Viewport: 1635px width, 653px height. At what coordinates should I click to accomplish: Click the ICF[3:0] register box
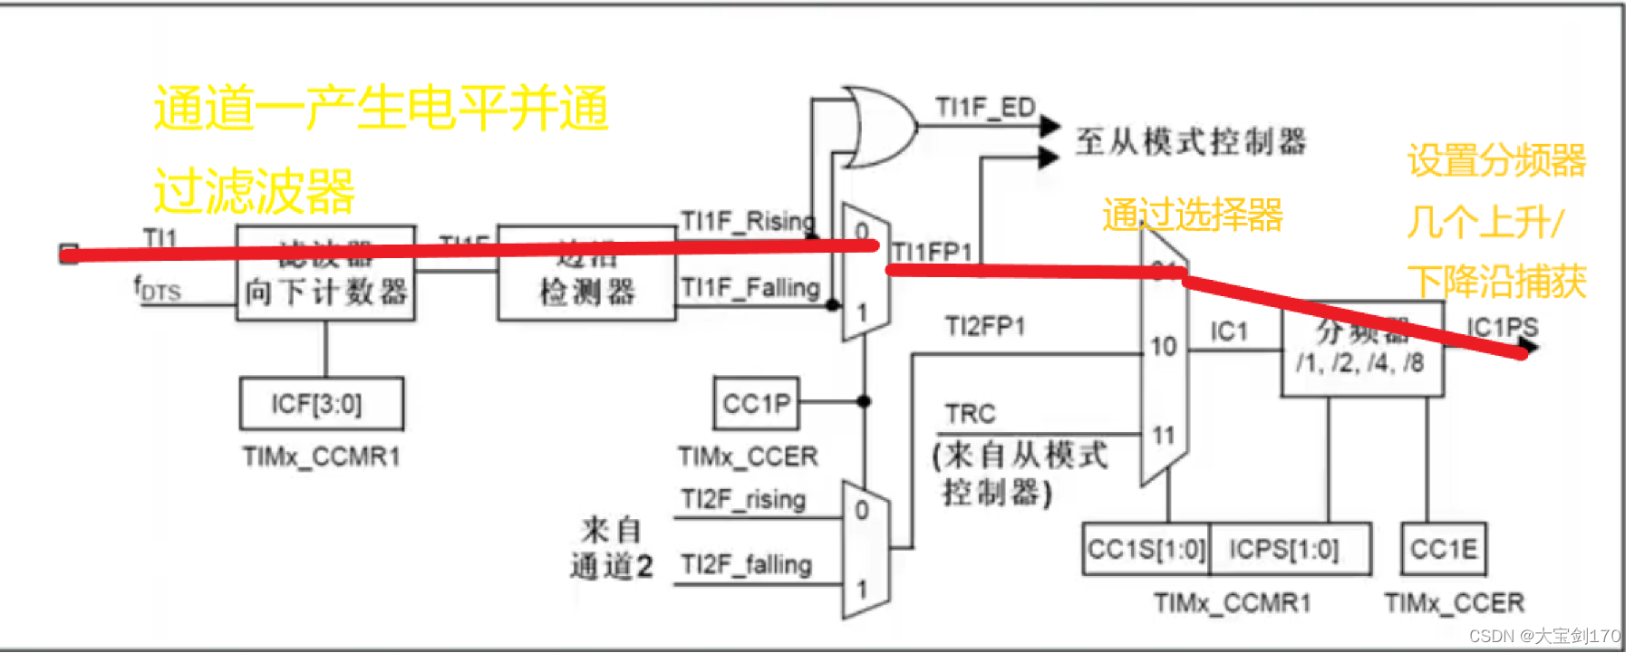(x=321, y=404)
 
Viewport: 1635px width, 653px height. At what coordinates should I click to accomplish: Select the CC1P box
(x=756, y=403)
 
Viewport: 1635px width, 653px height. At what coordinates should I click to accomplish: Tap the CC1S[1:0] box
(x=1146, y=549)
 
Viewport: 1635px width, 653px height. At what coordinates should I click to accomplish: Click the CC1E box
(x=1443, y=549)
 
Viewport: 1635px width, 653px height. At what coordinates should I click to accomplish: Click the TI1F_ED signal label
(x=985, y=108)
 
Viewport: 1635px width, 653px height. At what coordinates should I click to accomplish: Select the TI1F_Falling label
(x=750, y=288)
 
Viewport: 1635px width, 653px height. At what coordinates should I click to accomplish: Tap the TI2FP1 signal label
(x=984, y=326)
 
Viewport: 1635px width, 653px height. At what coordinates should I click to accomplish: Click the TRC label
(x=970, y=414)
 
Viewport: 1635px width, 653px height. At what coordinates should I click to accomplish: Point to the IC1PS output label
(x=1502, y=327)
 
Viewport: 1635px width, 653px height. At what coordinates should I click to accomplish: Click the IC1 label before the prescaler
(x=1229, y=331)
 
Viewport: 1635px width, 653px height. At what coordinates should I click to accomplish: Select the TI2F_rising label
(x=743, y=499)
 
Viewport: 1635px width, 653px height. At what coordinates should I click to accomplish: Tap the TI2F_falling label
(x=746, y=564)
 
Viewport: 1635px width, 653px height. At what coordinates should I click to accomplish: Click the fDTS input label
(x=158, y=289)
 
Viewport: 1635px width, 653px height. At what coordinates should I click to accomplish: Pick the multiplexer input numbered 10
(x=1164, y=346)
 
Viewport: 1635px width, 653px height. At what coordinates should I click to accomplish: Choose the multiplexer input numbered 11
(x=1164, y=436)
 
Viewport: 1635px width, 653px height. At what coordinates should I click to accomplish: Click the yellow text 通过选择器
(x=1192, y=216)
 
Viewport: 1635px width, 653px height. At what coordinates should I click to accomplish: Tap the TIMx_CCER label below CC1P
(x=748, y=456)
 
